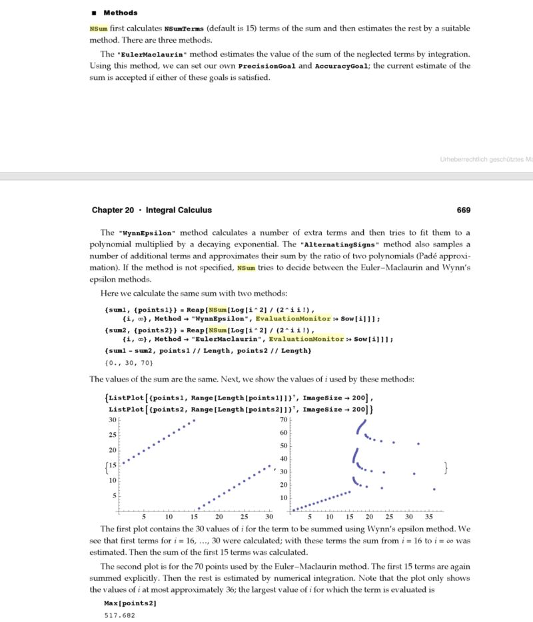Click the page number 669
coord(464,210)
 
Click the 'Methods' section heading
coord(121,13)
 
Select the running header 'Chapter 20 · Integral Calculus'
coord(152,210)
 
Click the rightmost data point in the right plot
coord(434,489)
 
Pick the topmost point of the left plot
coord(194,420)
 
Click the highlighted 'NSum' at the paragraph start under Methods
coord(97,29)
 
